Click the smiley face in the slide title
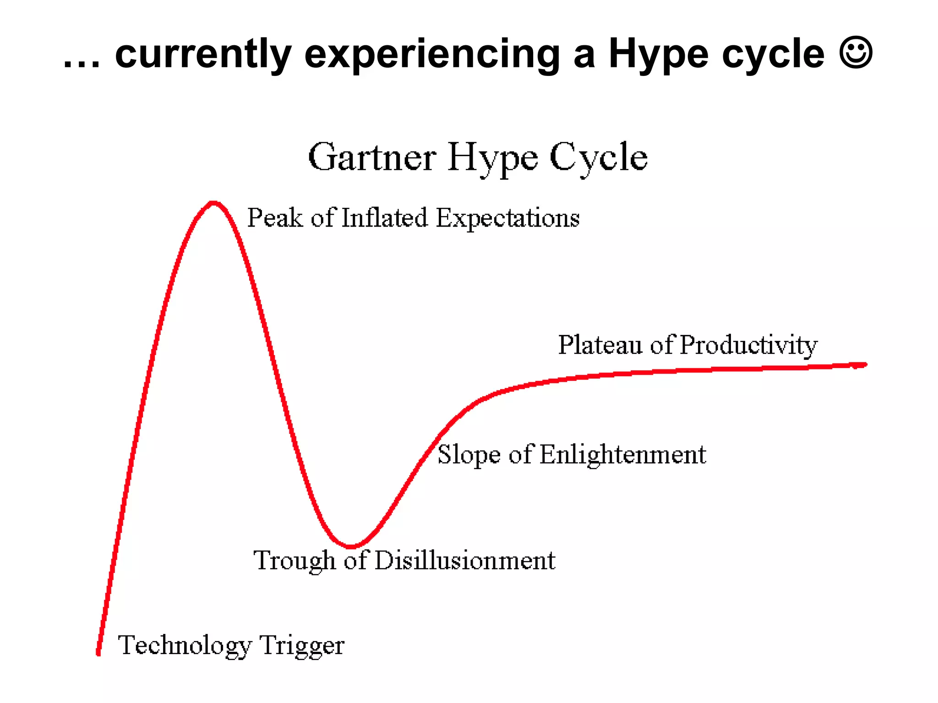pos(856,53)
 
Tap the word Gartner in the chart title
pos(372,157)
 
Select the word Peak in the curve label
pos(275,217)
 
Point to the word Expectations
pos(507,218)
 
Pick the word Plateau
pos(600,345)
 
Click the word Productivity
pos(748,346)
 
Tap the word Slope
pos(469,455)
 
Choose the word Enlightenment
pos(623,455)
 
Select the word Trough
pos(295,561)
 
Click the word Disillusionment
pos(464,560)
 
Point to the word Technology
pos(185,646)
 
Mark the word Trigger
pos(302,646)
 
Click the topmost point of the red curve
pos(213,203)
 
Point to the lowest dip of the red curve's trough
pos(351,546)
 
